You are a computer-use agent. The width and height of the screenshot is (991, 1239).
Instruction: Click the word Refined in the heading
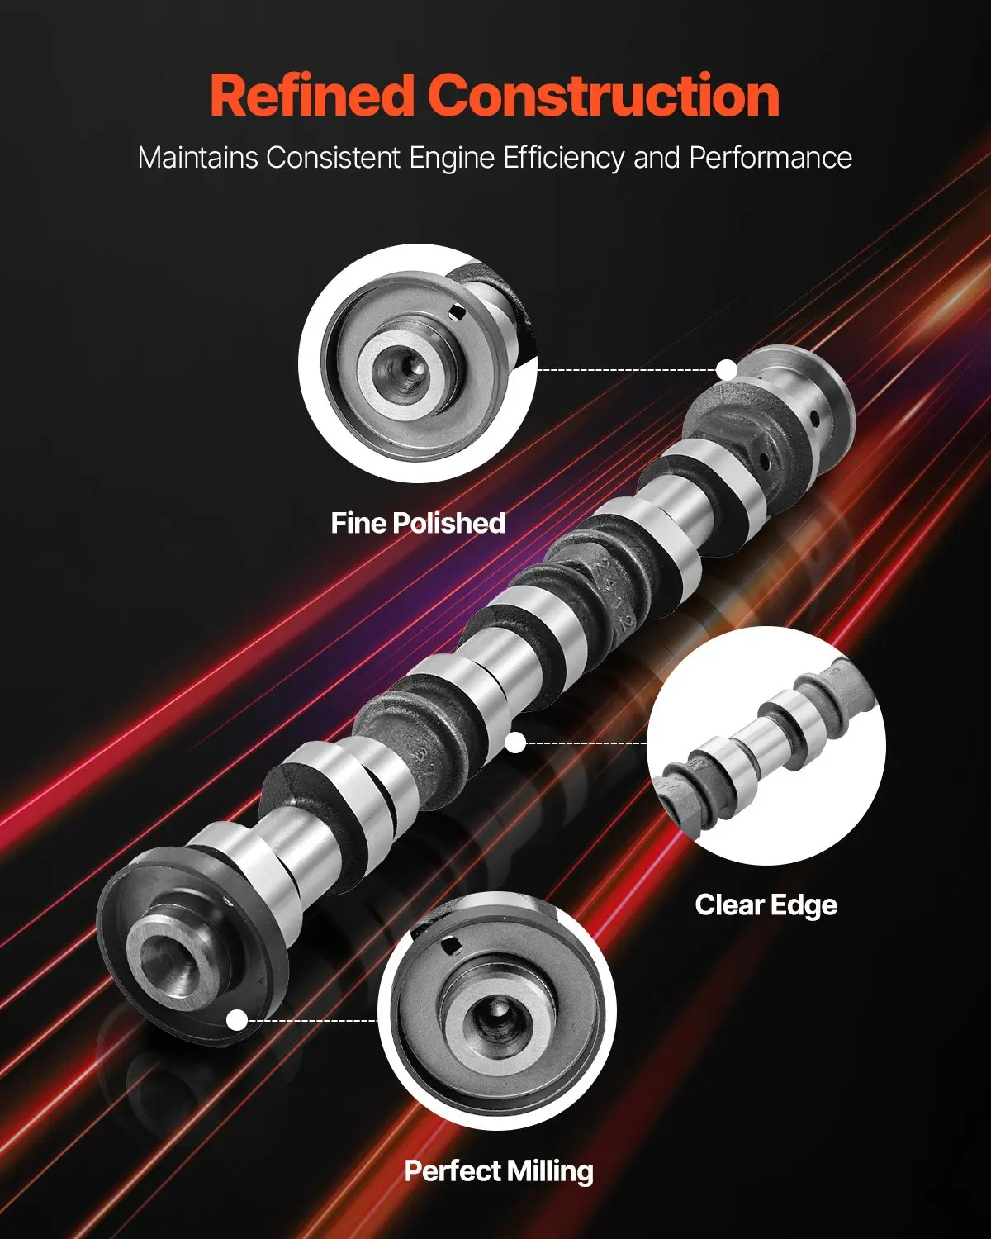click(x=312, y=96)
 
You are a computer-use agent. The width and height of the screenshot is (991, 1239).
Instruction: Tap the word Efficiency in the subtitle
click(x=563, y=159)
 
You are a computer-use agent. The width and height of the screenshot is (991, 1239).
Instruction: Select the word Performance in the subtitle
click(x=771, y=159)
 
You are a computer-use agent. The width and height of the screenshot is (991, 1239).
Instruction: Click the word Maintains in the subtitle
click(x=197, y=158)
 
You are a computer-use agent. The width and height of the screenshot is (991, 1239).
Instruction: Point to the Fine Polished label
click(x=418, y=524)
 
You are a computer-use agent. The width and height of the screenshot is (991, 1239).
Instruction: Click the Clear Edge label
click(x=766, y=905)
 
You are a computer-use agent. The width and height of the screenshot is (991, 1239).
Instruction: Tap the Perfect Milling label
click(x=499, y=1171)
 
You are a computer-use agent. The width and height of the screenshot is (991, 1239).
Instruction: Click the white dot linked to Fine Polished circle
click(x=728, y=369)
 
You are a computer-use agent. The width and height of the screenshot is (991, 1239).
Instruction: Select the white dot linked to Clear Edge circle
click(x=516, y=743)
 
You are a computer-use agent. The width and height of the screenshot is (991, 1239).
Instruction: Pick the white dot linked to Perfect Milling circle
click(x=237, y=1021)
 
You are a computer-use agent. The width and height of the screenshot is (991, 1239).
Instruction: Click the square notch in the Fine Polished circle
click(x=458, y=312)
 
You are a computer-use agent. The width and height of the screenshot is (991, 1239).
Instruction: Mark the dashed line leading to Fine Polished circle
click(x=628, y=369)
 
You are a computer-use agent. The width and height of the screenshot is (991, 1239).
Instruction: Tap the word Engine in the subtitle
click(x=452, y=159)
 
